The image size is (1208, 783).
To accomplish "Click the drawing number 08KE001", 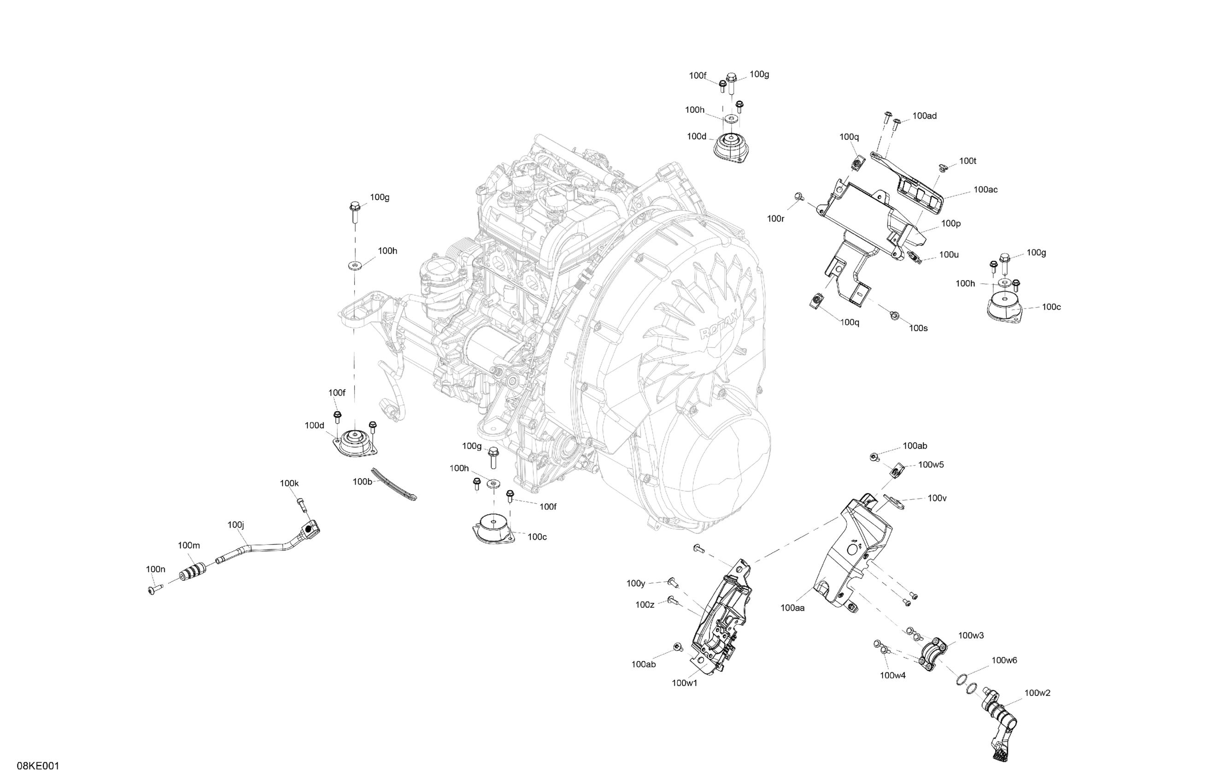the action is (x=38, y=766).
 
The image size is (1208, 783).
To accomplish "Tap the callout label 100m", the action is (x=189, y=545).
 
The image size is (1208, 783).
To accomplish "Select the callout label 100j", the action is (x=236, y=525).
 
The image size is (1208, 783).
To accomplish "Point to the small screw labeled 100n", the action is (x=153, y=589).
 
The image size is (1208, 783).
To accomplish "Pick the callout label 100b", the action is (x=363, y=482).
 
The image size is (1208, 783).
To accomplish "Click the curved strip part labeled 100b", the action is (x=393, y=484).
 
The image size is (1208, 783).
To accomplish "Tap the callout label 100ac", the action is (x=985, y=190).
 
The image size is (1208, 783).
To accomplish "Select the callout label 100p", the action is (x=950, y=223).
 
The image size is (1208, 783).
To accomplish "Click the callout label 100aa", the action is (x=793, y=608).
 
